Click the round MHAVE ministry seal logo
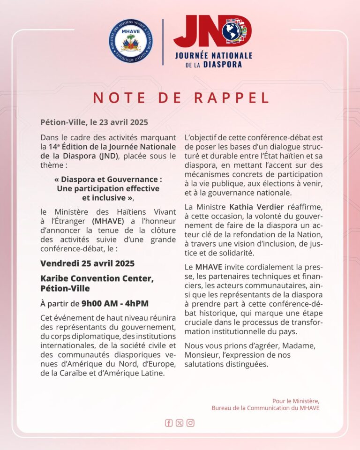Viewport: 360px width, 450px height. (x=131, y=41)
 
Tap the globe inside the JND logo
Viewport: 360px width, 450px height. (x=232, y=31)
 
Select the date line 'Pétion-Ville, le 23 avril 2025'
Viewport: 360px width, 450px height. (x=94, y=122)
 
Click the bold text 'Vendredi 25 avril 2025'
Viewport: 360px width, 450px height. (x=87, y=263)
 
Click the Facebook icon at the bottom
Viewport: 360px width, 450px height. (x=169, y=423)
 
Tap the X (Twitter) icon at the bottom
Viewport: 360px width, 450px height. (x=180, y=423)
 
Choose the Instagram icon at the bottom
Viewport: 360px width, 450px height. (x=190, y=423)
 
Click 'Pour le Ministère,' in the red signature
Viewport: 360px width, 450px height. (x=296, y=401)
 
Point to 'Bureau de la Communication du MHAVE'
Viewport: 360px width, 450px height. (x=265, y=408)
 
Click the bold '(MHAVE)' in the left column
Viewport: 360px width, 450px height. (x=108, y=221)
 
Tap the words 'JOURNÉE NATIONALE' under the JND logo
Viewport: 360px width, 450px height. (x=213, y=55)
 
